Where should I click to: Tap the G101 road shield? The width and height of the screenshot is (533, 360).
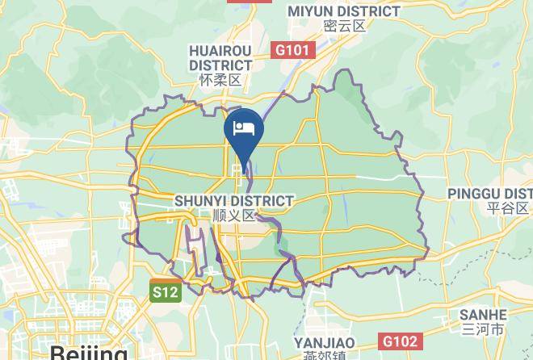point(292,50)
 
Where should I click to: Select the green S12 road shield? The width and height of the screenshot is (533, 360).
point(164,291)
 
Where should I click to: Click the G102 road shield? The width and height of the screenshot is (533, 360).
point(400,341)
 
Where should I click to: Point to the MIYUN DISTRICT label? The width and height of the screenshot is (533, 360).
point(344,11)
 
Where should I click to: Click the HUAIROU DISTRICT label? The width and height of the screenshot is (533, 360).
point(220,57)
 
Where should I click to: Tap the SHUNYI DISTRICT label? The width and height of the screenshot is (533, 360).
point(234,200)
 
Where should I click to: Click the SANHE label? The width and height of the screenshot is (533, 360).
point(482,315)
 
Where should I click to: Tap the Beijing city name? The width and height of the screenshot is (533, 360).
point(88,352)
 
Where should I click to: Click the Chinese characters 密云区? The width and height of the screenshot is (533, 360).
point(344,26)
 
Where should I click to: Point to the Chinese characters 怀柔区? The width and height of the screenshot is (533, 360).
point(220,80)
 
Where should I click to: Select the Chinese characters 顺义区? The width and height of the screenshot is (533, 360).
point(234,216)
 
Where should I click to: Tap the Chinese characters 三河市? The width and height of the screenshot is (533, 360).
point(482,329)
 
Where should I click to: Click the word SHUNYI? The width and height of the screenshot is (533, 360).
point(200,200)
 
